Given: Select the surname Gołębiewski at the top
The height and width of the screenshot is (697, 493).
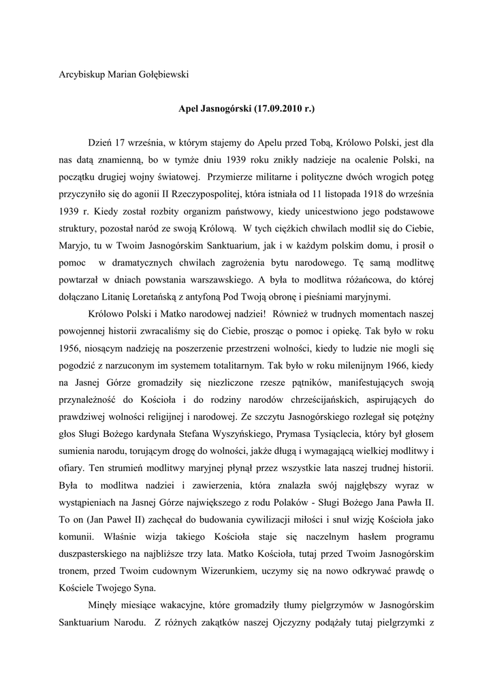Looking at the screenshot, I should coord(159,74).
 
